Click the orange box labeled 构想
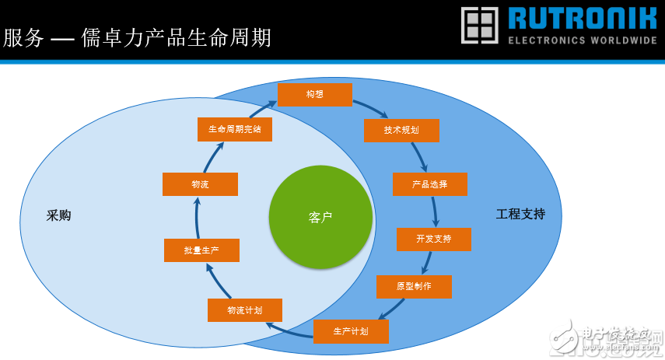[x=315, y=95]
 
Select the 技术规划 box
[x=401, y=131]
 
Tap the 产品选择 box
[x=430, y=184]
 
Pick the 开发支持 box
[x=433, y=239]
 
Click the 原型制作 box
[x=414, y=286]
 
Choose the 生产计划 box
[x=351, y=331]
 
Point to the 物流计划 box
[x=244, y=310]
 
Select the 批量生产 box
[x=201, y=250]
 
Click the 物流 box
[x=200, y=184]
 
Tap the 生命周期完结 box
[x=234, y=130]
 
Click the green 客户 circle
[x=320, y=217]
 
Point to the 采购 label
[x=58, y=215]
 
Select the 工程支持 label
[x=520, y=214]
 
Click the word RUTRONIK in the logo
[x=583, y=18]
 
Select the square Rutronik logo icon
[x=480, y=25]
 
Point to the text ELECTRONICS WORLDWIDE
[x=583, y=40]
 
